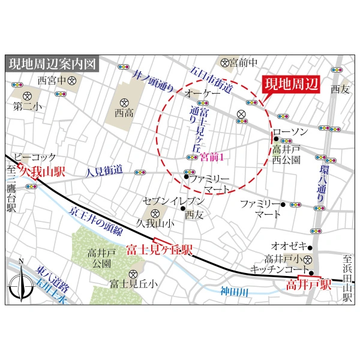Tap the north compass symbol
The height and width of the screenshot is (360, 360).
pyautogui.click(x=22, y=282)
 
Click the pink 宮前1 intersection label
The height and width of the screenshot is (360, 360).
pyautogui.click(x=212, y=157)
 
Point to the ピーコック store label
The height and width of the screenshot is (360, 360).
pyautogui.click(x=35, y=155)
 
